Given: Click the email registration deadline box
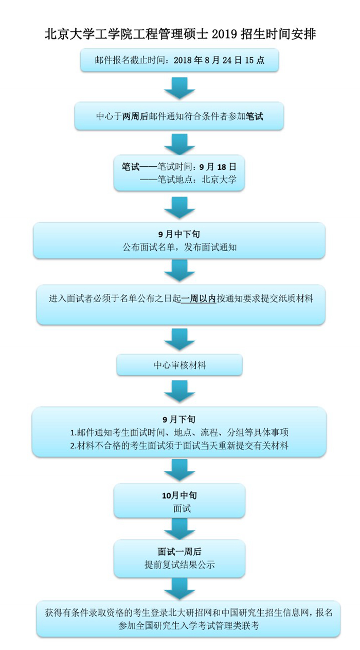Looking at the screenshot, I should [179, 60].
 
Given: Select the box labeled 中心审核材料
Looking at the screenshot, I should [179, 365].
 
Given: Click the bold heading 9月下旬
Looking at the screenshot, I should [179, 419].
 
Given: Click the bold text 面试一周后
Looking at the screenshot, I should [179, 551].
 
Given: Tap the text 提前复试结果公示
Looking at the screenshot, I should [179, 565].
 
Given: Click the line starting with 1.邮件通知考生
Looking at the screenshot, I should [179, 432].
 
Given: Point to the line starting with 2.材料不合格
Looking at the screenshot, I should [179, 446].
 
